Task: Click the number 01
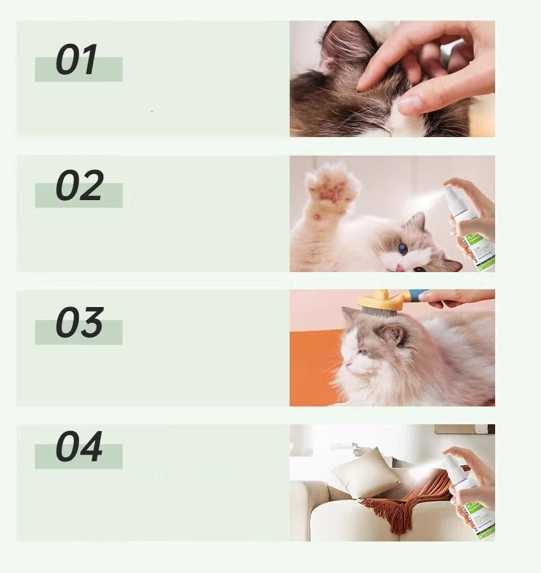[76, 60]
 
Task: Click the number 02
[79, 185]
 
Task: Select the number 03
[79, 322]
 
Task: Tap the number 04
[79, 447]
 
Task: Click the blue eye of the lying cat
[403, 249]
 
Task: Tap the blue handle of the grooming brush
[417, 295]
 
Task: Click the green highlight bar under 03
[79, 332]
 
